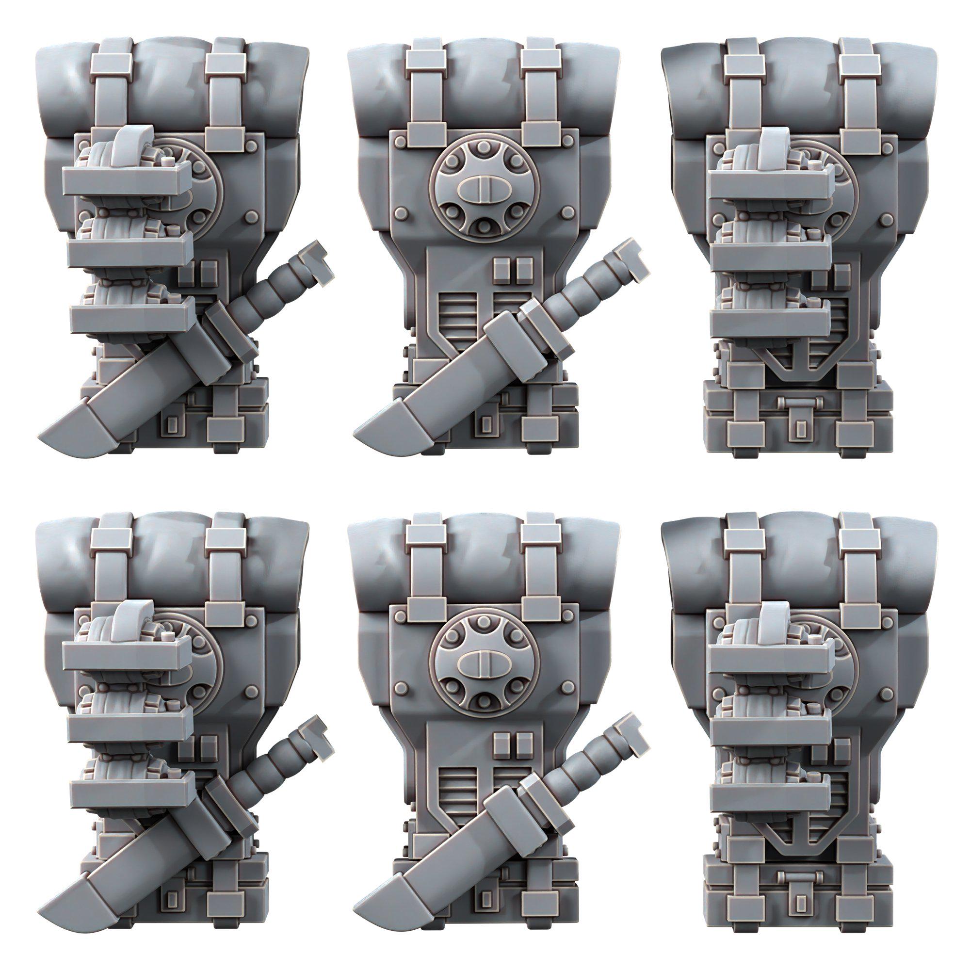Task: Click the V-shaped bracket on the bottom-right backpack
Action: tap(797, 852)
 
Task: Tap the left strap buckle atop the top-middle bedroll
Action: tap(426, 61)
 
